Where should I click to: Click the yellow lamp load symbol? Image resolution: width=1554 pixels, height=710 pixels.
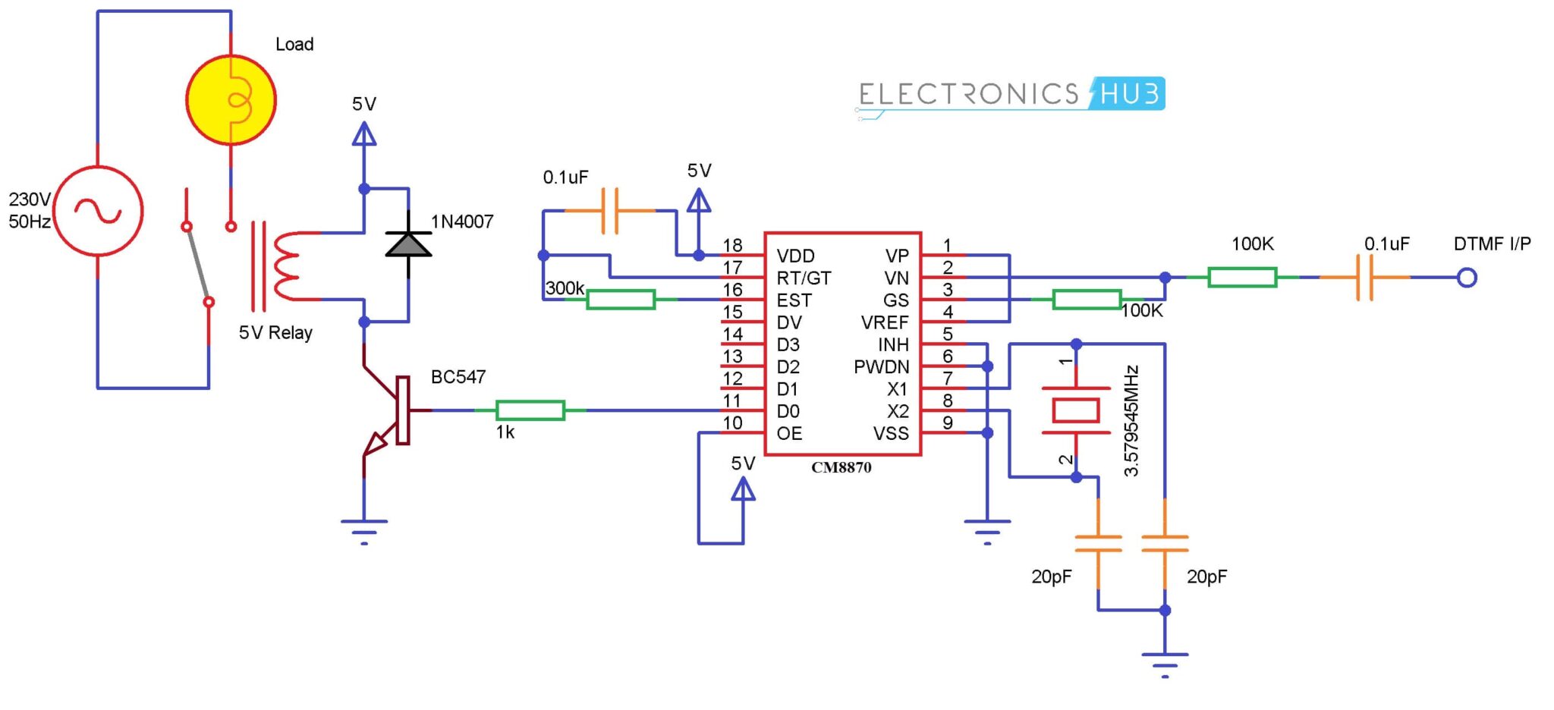[231, 99]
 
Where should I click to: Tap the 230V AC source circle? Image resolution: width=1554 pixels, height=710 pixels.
[98, 211]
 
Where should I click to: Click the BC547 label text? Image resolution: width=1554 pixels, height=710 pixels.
[458, 377]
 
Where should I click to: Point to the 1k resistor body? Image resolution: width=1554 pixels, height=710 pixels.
[530, 410]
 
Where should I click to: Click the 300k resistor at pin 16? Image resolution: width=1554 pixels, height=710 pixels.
[621, 300]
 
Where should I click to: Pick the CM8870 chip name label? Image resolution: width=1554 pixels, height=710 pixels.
[841, 468]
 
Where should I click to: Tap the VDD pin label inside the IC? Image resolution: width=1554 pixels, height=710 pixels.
[795, 256]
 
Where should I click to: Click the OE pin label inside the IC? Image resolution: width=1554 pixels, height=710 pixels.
[789, 433]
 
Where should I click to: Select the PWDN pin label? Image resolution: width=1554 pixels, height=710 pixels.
[881, 367]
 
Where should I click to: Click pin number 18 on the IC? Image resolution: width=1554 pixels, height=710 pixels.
[732, 245]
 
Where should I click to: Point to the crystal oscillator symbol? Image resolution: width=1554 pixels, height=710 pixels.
[1076, 410]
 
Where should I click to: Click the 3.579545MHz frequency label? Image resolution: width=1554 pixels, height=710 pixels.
[1131, 421]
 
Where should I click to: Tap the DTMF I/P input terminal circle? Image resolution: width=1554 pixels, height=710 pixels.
[1467, 278]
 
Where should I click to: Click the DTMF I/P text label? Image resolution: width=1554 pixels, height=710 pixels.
[1492, 244]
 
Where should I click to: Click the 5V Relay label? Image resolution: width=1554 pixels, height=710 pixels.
[275, 333]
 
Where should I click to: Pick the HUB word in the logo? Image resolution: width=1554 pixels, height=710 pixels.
[1129, 94]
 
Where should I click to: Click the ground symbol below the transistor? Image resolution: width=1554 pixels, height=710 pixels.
[364, 528]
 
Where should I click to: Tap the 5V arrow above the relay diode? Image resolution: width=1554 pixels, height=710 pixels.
[364, 134]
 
